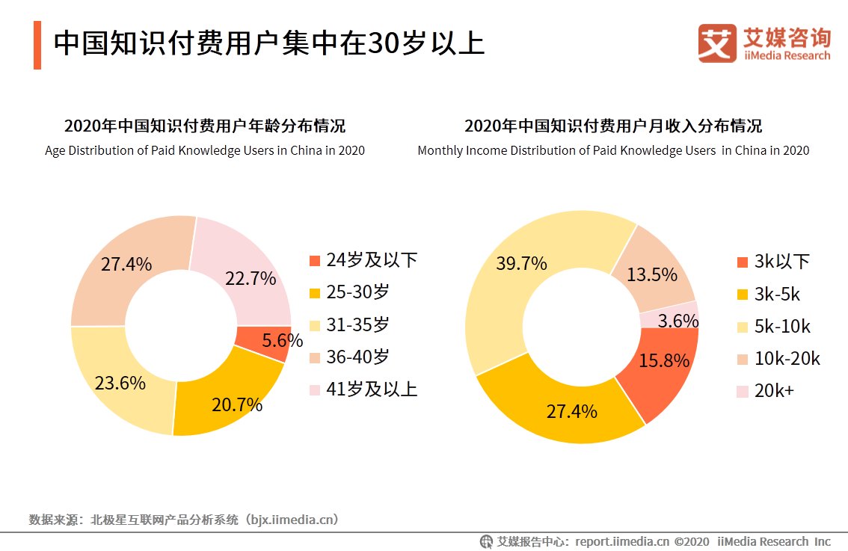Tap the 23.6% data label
pos(120,384)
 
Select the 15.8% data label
pos(664,360)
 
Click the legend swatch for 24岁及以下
pos(315,260)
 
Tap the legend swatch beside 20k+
pos(742,391)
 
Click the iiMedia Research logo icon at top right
pos(717,43)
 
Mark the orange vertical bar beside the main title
pos(37,45)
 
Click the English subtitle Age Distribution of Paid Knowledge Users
pos(205,150)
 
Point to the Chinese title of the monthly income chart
pos(613,125)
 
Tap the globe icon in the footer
pos(487,541)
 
